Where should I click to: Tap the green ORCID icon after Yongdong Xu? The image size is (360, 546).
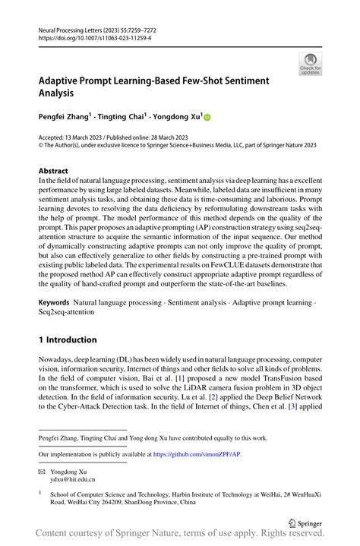coord(206,118)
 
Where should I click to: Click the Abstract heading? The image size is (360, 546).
coord(53,171)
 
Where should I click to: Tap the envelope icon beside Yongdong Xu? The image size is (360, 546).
coord(42,472)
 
